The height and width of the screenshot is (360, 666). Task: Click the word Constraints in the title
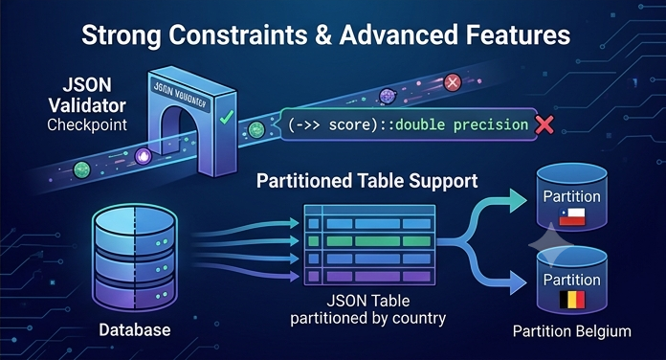(237, 34)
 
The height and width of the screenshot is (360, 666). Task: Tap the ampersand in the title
(322, 34)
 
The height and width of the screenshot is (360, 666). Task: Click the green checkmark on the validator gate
(227, 117)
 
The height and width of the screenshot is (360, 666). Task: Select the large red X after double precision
(544, 125)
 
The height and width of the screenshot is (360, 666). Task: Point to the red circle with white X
(453, 82)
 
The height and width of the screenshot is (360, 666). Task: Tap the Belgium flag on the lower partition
(571, 300)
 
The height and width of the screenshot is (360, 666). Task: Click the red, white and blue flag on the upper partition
(571, 216)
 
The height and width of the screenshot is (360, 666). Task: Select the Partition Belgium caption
(571, 331)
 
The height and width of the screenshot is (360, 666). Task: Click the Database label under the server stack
(135, 329)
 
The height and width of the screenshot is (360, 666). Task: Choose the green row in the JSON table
(369, 241)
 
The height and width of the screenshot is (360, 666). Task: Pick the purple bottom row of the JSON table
(369, 277)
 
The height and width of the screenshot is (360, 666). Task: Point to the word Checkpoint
(87, 125)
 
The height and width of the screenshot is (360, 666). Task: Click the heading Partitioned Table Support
(367, 181)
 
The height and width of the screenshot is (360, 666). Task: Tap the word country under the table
(419, 318)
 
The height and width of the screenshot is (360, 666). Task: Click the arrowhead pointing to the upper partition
(519, 201)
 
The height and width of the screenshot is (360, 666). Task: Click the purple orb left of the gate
(144, 156)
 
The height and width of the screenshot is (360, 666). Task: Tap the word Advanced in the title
(398, 34)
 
